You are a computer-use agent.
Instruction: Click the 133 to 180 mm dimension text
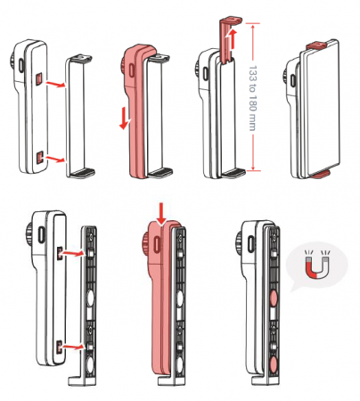(x=252, y=98)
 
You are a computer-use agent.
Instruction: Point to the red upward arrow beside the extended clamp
(x=232, y=38)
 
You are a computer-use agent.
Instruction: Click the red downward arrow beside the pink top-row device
(x=125, y=119)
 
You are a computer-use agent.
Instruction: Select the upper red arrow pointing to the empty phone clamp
(x=54, y=84)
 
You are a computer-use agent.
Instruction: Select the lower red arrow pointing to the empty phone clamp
(x=54, y=160)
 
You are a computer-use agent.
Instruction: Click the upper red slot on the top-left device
(x=39, y=79)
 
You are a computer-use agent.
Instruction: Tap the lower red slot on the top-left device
(x=40, y=157)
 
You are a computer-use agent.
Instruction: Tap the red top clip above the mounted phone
(x=317, y=45)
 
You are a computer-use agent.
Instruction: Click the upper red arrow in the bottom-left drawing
(x=71, y=253)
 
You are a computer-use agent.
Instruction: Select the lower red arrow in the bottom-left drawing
(x=71, y=347)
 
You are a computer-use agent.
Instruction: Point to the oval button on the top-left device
(x=20, y=65)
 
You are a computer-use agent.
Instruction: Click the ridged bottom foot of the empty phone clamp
(x=84, y=172)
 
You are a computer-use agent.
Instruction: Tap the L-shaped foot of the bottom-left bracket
(x=78, y=381)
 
